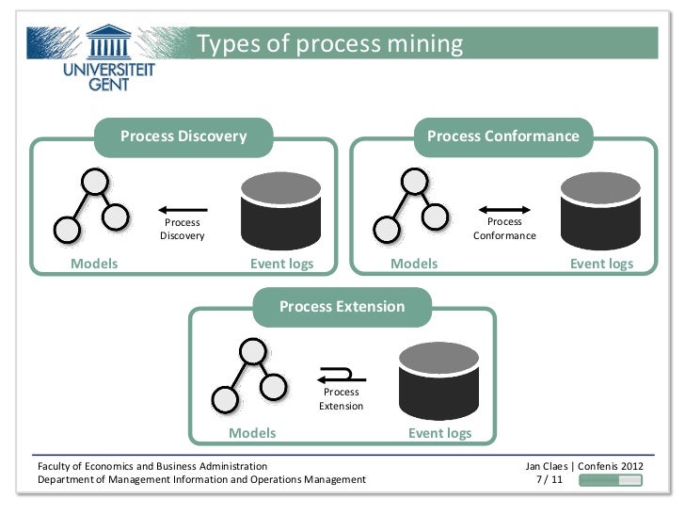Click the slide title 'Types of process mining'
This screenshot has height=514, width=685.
(x=331, y=44)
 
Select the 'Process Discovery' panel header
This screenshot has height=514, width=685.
(x=183, y=137)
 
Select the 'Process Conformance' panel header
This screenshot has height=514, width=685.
(x=502, y=137)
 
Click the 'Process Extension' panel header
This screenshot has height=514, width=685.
(x=342, y=307)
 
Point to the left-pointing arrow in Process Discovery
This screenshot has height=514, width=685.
(x=183, y=209)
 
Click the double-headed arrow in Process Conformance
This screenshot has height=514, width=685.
(x=504, y=209)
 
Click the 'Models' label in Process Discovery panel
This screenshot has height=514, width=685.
(x=95, y=264)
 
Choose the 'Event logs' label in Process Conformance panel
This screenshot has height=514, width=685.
(x=601, y=264)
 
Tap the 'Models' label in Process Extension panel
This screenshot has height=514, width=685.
(x=253, y=433)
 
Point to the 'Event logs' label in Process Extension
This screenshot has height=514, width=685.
(x=439, y=433)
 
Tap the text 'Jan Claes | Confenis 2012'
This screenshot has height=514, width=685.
(x=582, y=466)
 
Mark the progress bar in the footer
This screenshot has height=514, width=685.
(x=610, y=480)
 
